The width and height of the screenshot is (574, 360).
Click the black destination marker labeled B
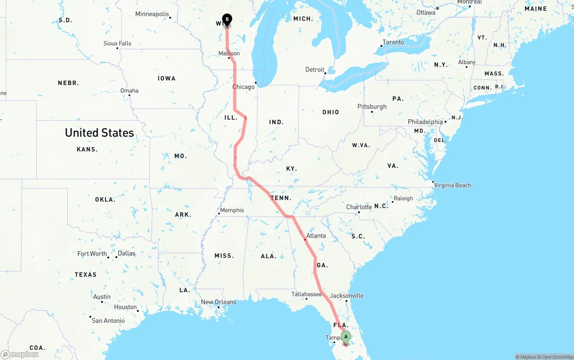click(x=227, y=19)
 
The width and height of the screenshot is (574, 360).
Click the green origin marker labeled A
click(x=346, y=337)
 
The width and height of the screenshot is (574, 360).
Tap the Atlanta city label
click(x=316, y=235)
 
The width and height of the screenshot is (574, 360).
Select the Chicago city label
click(x=243, y=87)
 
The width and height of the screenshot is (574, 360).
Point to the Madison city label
click(x=229, y=53)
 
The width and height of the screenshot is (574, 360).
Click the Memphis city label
click(x=232, y=210)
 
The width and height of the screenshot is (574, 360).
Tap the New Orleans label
click(x=218, y=302)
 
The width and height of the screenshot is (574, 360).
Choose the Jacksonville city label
click(x=347, y=295)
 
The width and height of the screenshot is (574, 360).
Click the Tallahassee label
click(x=307, y=294)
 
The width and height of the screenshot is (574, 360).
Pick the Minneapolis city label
click(x=152, y=14)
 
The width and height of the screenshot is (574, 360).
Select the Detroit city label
click(x=315, y=69)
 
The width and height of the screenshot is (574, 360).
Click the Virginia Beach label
click(x=452, y=185)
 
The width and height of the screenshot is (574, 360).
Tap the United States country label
click(x=99, y=133)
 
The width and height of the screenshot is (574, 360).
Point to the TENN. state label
click(x=281, y=198)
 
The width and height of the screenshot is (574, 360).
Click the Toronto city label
click(x=393, y=42)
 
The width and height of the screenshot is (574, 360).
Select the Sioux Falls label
click(x=117, y=43)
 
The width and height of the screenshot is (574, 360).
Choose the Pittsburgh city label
click(x=372, y=106)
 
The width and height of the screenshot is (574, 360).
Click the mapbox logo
click(x=20, y=354)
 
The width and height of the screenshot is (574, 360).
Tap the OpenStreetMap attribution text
click(x=556, y=357)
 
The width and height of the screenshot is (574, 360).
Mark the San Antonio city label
click(x=108, y=321)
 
